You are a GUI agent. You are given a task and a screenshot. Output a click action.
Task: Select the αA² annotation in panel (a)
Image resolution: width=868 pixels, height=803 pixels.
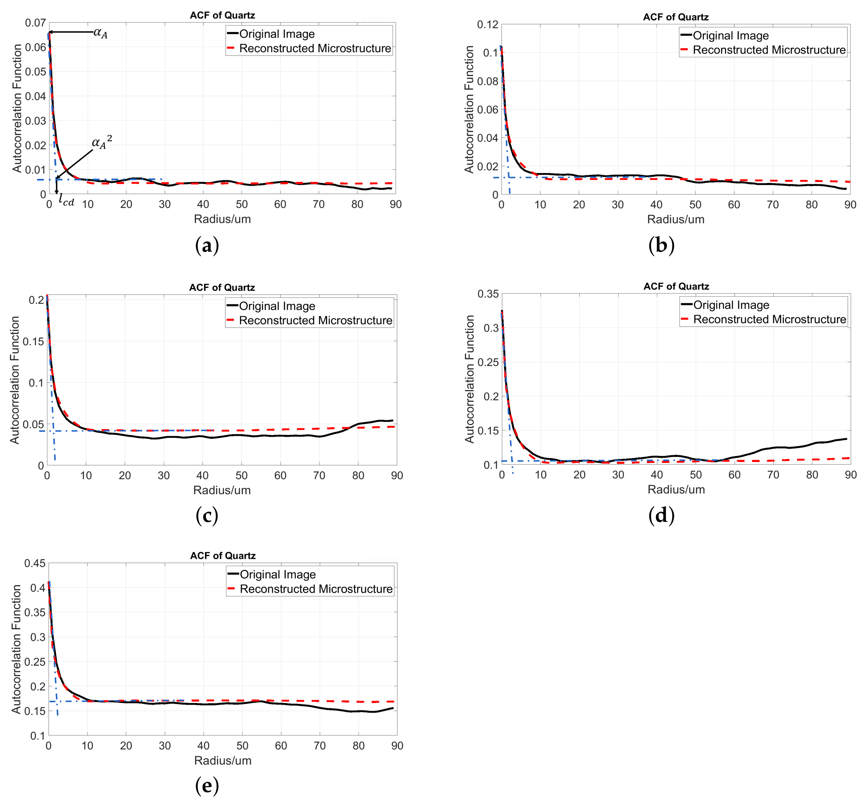click(x=102, y=142)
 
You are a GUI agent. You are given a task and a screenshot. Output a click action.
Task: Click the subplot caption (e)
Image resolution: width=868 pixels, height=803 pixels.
click(x=207, y=785)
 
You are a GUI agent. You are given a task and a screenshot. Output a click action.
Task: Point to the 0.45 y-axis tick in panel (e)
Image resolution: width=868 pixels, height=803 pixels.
click(x=35, y=564)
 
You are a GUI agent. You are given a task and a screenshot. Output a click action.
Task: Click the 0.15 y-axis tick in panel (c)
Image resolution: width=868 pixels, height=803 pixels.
click(x=33, y=341)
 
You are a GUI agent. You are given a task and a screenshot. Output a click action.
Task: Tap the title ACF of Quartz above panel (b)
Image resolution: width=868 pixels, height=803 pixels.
click(x=676, y=17)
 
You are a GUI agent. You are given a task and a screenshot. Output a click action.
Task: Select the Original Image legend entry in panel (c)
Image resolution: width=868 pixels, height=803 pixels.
click(x=277, y=306)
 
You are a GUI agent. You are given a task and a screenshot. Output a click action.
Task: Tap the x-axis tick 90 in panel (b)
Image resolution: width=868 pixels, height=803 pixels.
click(x=850, y=205)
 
